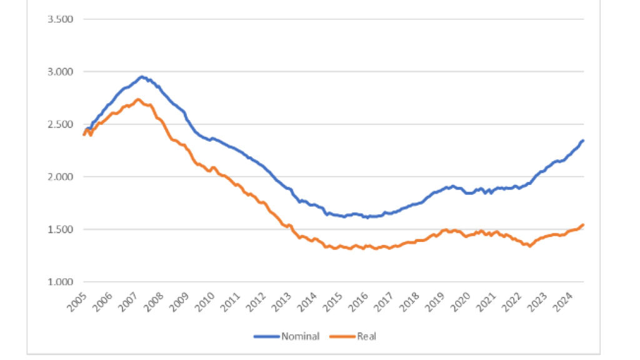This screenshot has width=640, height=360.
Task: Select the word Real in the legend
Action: (x=367, y=336)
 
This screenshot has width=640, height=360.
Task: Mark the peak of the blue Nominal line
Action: (x=141, y=77)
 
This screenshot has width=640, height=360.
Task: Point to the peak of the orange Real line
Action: (x=139, y=99)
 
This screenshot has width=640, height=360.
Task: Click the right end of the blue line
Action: (x=583, y=141)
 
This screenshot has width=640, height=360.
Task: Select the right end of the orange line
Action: (x=583, y=225)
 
